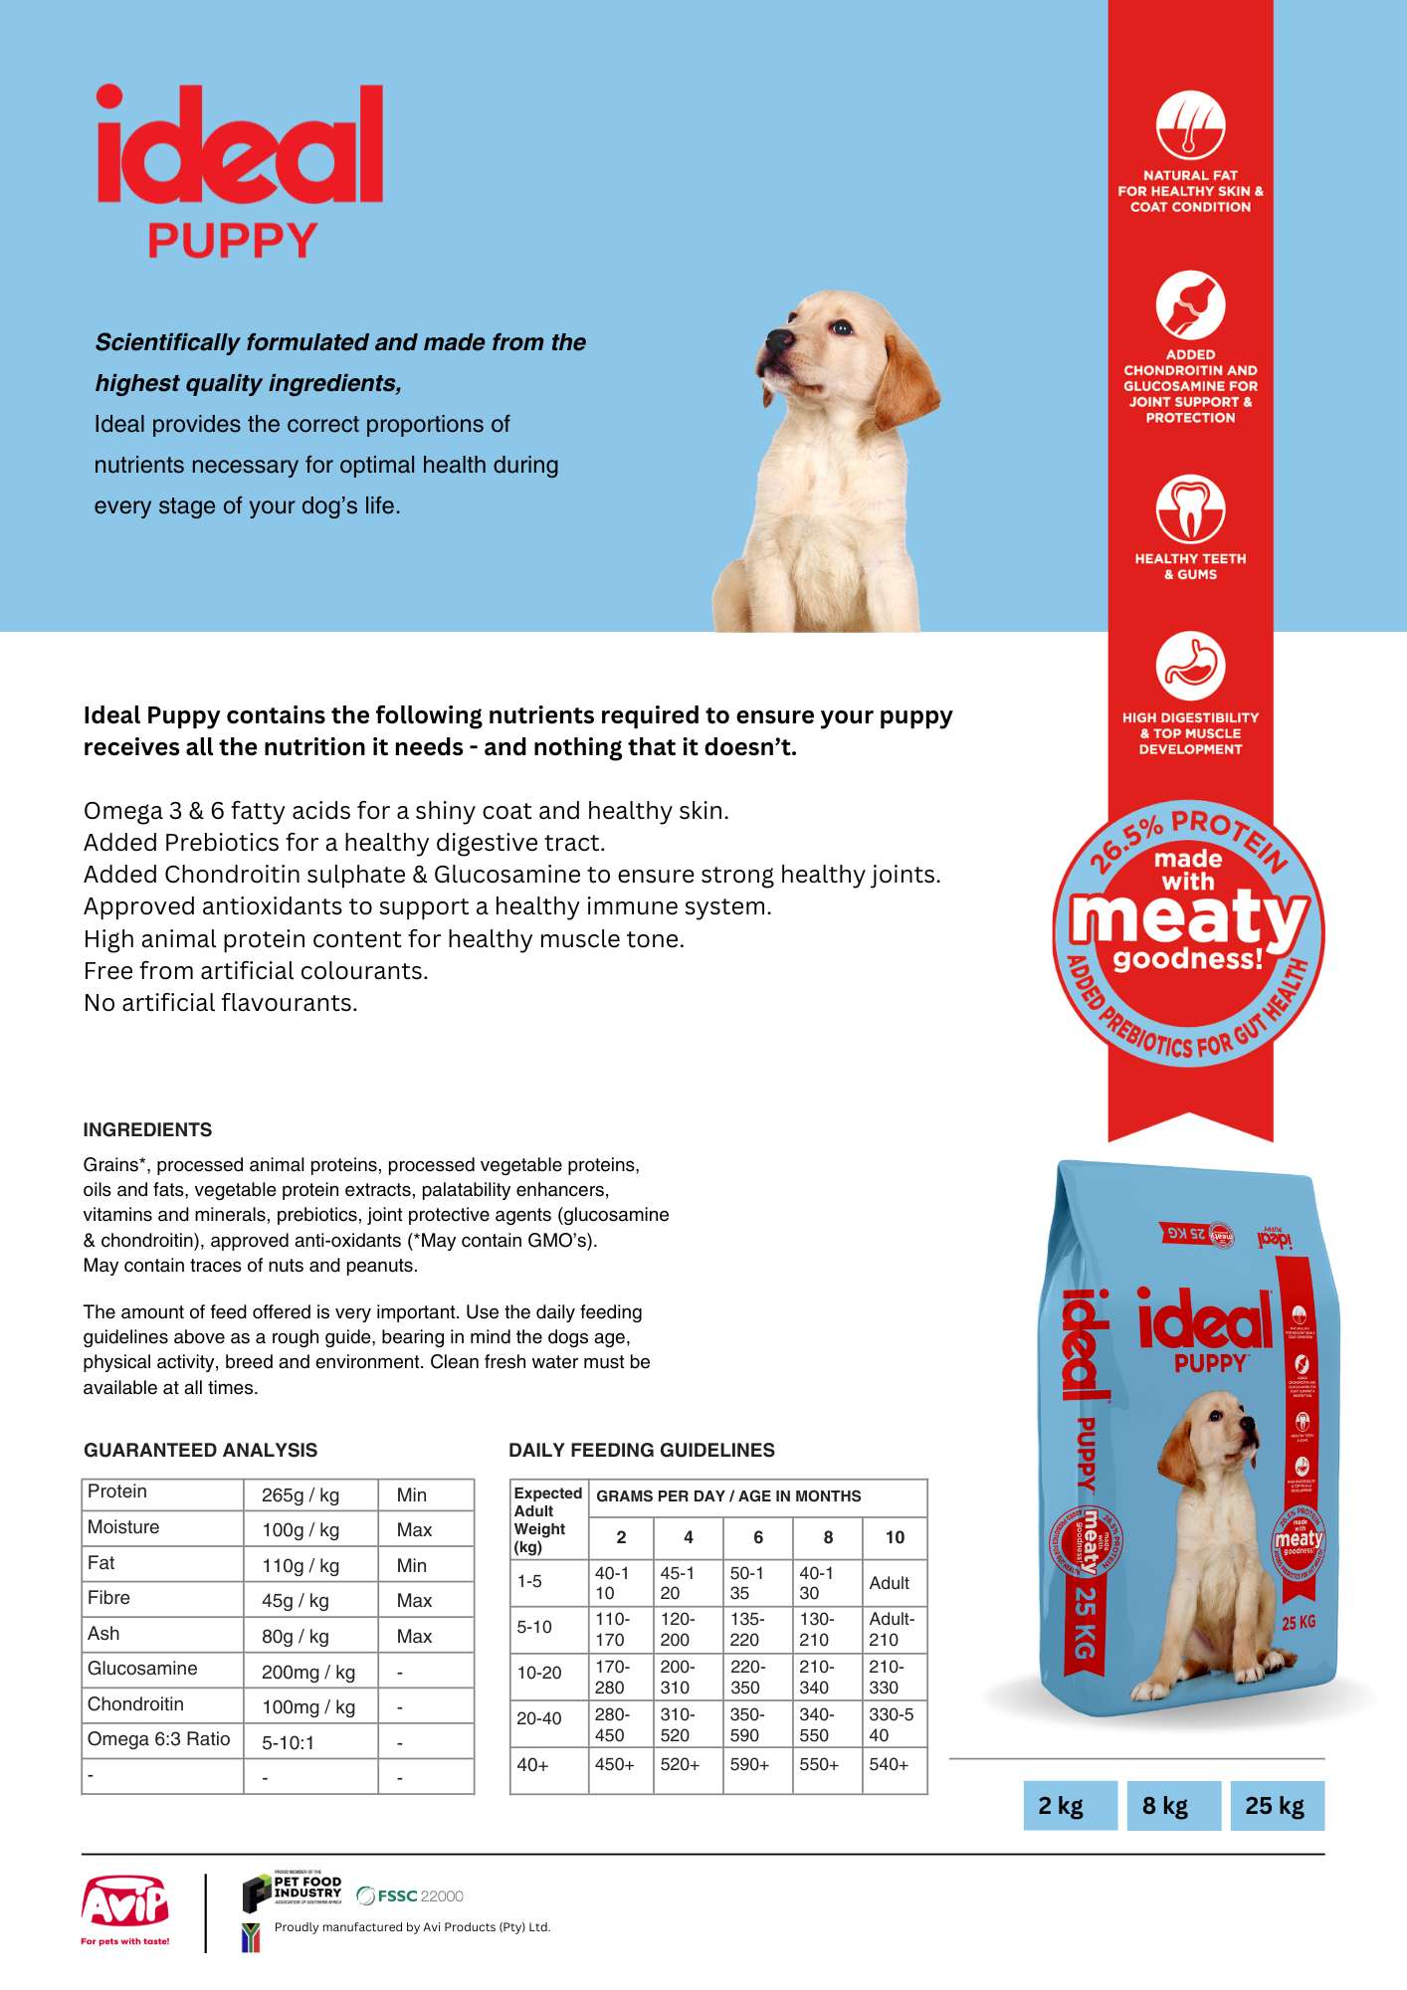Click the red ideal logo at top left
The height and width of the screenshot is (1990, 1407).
(x=239, y=145)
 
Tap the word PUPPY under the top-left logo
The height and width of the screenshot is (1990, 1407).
(x=232, y=241)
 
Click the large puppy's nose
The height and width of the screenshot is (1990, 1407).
(x=777, y=340)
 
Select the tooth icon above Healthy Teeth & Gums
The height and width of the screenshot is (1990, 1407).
(x=1190, y=508)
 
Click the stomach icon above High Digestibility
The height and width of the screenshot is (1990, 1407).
(x=1190, y=665)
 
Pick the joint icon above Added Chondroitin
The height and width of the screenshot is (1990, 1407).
(x=1190, y=304)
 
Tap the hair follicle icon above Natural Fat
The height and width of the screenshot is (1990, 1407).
(x=1190, y=125)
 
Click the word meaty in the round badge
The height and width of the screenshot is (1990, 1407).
(x=1188, y=917)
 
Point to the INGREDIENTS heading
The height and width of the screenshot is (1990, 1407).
(x=147, y=1129)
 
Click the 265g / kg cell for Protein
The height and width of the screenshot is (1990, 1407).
(x=301, y=1494)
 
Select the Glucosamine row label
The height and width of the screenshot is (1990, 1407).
(x=142, y=1669)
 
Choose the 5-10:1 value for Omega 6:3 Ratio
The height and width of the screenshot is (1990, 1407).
(x=288, y=1742)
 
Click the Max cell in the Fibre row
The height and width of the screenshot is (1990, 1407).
(x=414, y=1600)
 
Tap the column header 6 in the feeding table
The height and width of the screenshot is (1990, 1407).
(x=758, y=1537)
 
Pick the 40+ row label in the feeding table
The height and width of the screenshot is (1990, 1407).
(x=532, y=1765)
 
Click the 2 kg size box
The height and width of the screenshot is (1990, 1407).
(x=1061, y=1806)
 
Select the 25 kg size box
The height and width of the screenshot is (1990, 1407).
(x=1275, y=1806)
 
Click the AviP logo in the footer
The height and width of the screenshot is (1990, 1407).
(x=125, y=1905)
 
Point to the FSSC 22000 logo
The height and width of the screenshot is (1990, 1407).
(x=410, y=1895)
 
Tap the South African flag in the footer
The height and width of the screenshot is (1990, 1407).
(x=251, y=1937)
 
